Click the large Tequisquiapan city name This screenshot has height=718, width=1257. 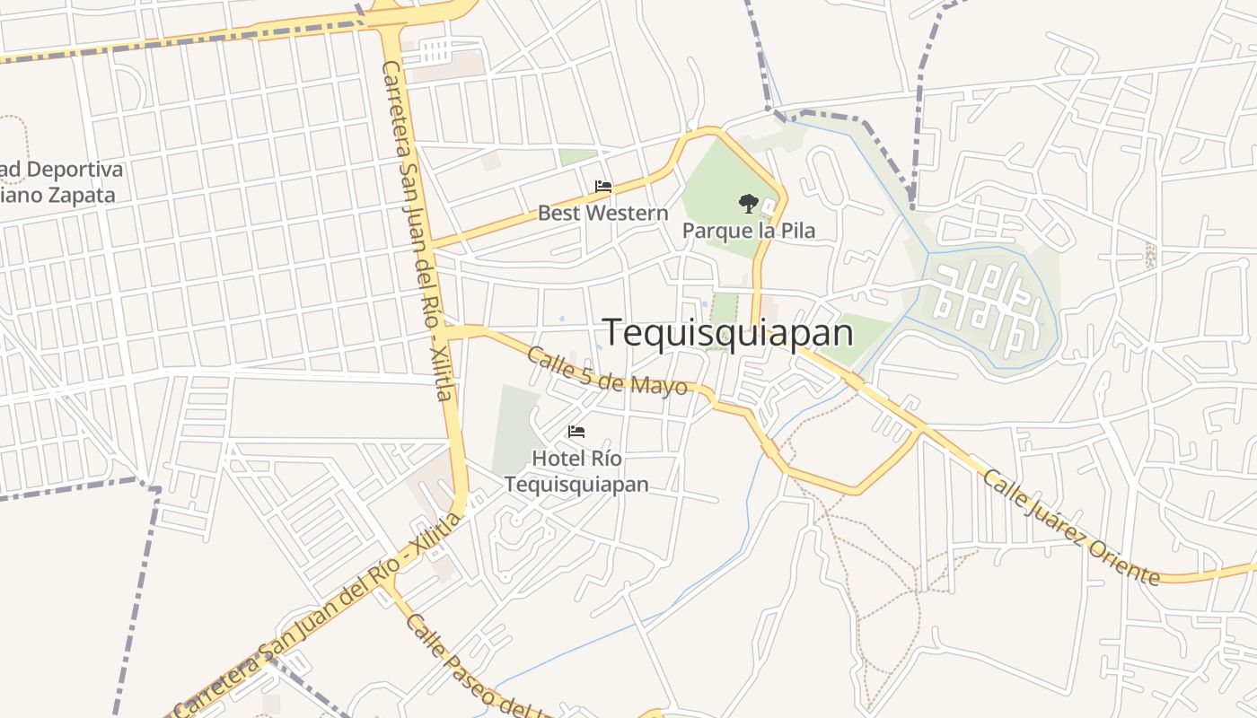[x=727, y=332]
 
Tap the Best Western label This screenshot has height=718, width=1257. [x=602, y=214]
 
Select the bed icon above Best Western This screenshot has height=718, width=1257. [x=603, y=187]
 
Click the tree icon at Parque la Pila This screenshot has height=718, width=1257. [x=747, y=204]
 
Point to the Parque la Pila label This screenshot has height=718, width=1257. [x=749, y=231]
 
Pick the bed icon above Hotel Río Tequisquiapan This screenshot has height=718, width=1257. [x=576, y=432]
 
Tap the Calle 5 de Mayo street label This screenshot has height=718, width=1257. [x=607, y=371]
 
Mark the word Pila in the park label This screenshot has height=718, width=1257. [x=797, y=231]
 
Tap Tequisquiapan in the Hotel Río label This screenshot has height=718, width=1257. [x=576, y=484]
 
